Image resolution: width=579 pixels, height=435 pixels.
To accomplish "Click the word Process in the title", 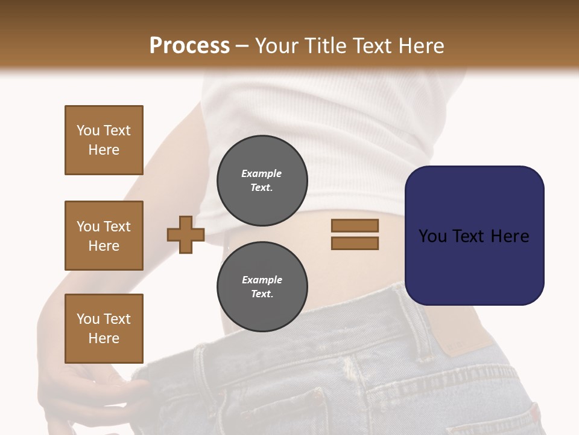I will (x=189, y=46).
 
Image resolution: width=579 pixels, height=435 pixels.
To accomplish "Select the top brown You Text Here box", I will (x=104, y=140).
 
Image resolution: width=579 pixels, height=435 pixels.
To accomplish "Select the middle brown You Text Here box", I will (x=104, y=236).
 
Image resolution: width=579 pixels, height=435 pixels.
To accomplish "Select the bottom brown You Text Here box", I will (x=104, y=329).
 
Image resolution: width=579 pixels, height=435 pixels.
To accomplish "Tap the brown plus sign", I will (x=186, y=235).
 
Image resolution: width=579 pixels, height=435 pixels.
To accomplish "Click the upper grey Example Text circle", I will (x=262, y=181).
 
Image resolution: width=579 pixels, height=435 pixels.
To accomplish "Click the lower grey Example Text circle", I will (x=262, y=287).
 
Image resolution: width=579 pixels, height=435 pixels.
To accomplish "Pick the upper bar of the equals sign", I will (x=355, y=225).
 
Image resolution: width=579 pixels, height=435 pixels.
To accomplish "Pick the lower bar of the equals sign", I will (x=355, y=243).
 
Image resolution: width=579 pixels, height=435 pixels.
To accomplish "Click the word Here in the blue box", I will (x=510, y=236).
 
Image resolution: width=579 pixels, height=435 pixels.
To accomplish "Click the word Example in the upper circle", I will (x=262, y=174).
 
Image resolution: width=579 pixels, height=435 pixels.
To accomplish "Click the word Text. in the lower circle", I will (x=262, y=294).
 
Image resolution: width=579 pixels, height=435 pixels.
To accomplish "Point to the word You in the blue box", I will (x=432, y=236).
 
